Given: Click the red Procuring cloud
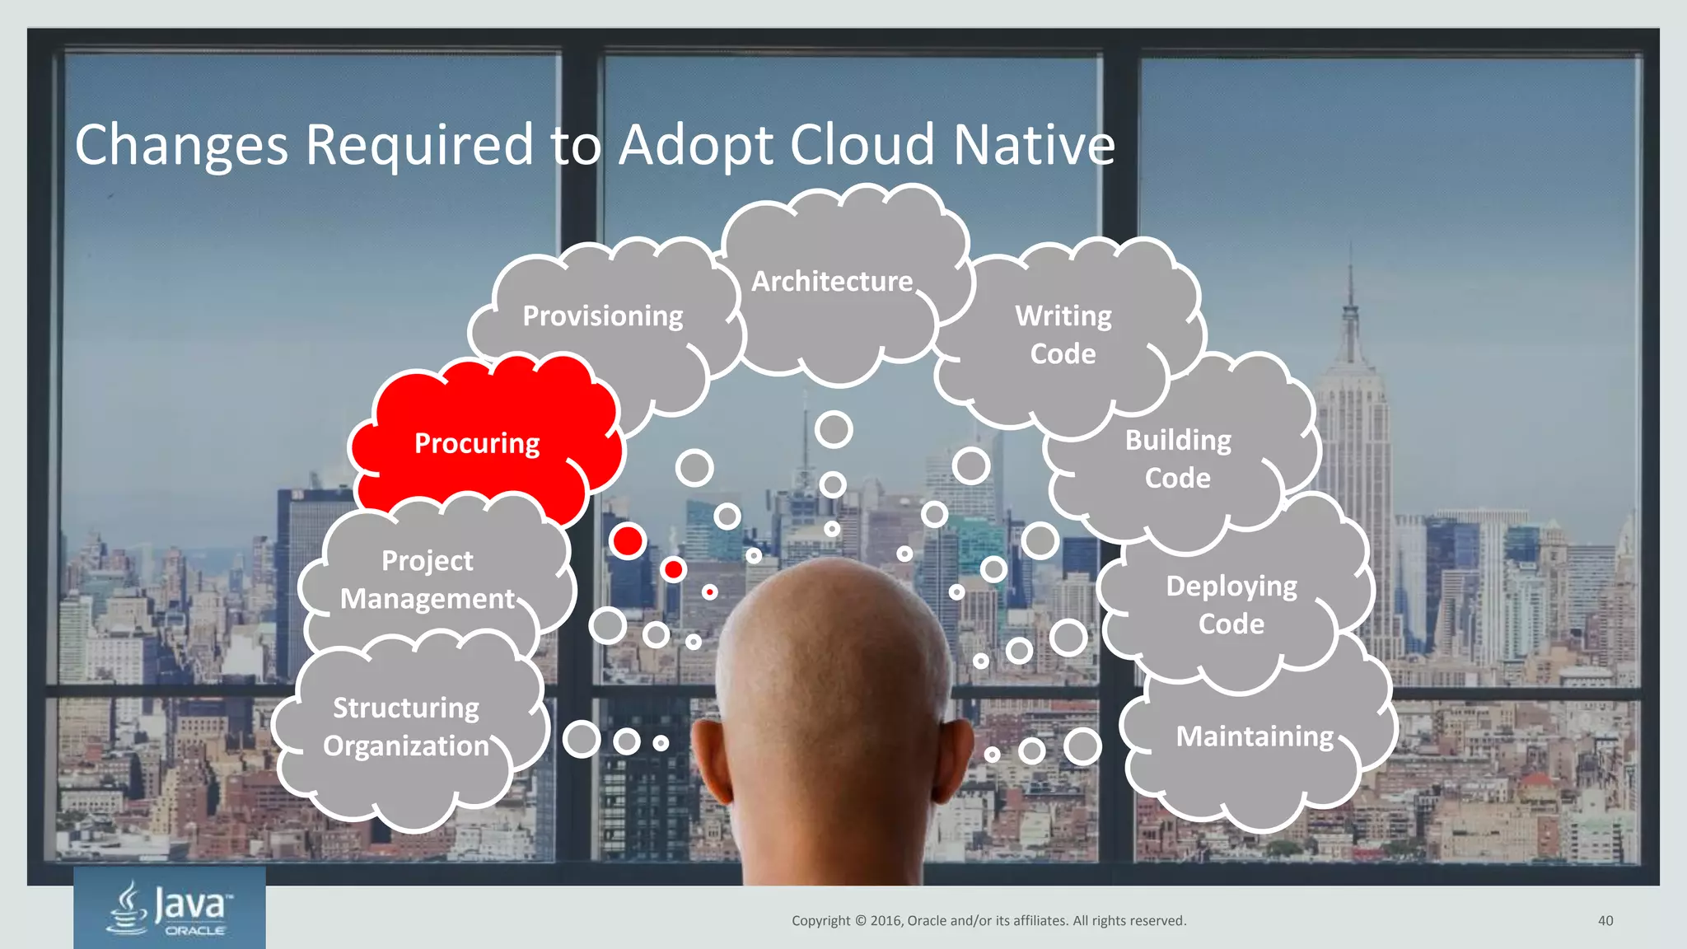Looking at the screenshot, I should [x=478, y=443].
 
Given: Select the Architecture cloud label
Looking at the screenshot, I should [x=832, y=282].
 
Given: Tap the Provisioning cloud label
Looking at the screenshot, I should [x=603, y=316].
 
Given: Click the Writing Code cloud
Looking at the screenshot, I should [x=1063, y=335].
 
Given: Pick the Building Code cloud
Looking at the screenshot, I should [x=1178, y=459].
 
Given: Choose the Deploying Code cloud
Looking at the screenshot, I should [x=1231, y=605].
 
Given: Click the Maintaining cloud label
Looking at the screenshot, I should [x=1254, y=736].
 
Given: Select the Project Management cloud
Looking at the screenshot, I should [x=427, y=580].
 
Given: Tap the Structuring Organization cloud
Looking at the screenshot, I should [x=405, y=727].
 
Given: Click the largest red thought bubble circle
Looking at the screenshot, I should [x=628, y=541].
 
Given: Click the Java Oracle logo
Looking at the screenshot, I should [x=170, y=908].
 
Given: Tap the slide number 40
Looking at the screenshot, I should [x=1605, y=921].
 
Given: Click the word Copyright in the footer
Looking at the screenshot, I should [x=820, y=921].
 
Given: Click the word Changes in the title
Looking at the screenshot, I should [x=181, y=145].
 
